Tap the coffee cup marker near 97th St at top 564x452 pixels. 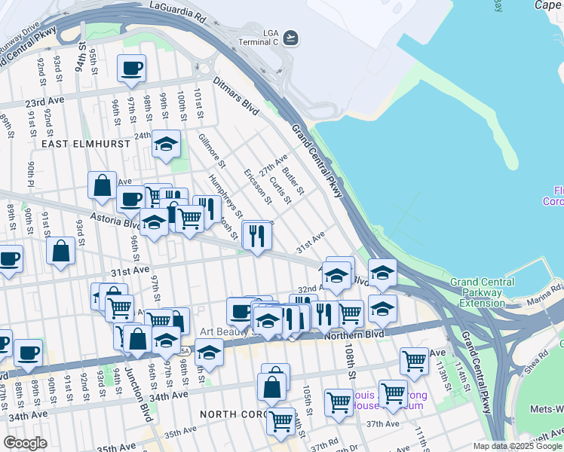coord(131,69)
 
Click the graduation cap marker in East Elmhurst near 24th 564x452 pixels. coord(166,144)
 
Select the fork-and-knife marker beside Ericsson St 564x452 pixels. coord(256,235)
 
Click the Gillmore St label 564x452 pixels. coord(211,151)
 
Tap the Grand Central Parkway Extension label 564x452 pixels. coord(482,292)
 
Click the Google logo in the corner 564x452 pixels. coord(25,443)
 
